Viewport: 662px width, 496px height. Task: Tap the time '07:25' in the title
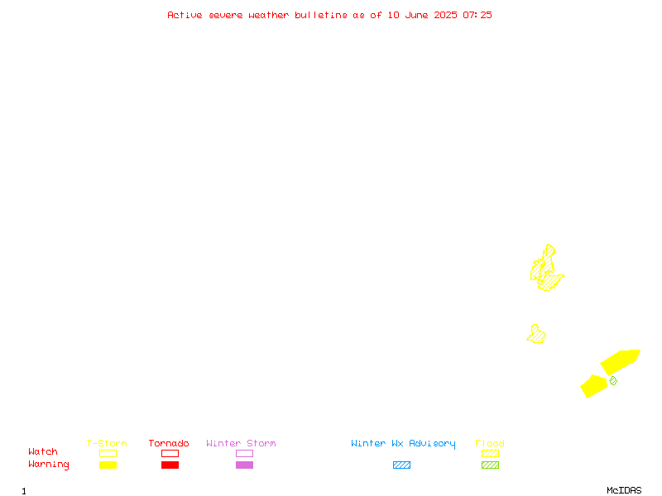coord(477,15)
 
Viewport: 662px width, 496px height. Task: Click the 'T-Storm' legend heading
coord(107,443)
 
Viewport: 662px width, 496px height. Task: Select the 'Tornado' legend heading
coord(169,443)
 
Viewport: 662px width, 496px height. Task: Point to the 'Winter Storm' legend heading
coord(241,443)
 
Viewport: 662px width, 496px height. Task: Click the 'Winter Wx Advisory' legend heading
coord(403,444)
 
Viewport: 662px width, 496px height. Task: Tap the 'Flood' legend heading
coord(490,443)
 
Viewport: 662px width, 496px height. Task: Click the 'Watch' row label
coord(43,451)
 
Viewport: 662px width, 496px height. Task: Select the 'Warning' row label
coord(49,465)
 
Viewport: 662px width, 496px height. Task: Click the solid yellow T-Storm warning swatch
coord(108,465)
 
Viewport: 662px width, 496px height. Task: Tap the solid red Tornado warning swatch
coord(170,465)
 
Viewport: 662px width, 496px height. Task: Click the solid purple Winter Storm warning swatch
coord(244,465)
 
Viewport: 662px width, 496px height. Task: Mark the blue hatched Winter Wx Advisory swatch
coord(401,465)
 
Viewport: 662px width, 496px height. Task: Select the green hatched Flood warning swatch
coord(490,465)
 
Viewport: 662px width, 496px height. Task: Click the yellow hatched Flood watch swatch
coord(490,453)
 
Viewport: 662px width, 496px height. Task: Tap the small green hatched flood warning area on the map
coord(613,381)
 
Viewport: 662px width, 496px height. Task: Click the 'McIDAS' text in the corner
coord(624,490)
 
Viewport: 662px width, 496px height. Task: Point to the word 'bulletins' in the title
coord(321,15)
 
